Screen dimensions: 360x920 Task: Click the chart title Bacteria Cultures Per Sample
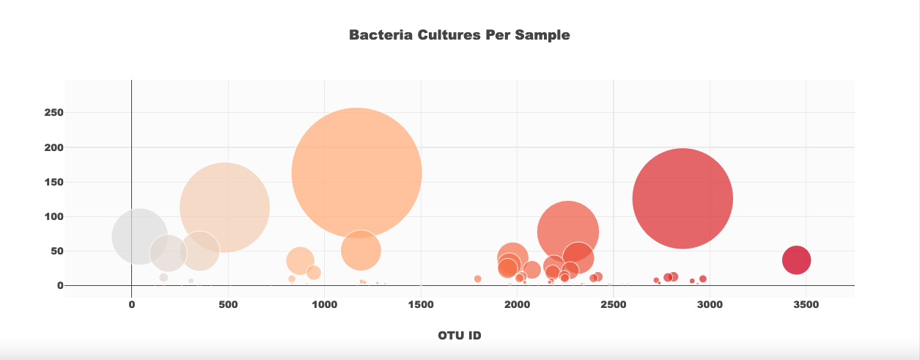coord(459,35)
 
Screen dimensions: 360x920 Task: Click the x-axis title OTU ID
coord(459,336)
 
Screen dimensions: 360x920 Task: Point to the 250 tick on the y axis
coord(54,113)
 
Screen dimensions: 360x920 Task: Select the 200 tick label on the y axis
coord(54,147)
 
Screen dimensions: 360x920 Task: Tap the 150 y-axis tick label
coord(54,182)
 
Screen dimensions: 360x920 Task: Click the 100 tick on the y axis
coord(54,216)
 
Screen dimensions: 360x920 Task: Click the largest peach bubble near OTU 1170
coord(356,172)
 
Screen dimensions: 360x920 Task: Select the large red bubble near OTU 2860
coord(682,198)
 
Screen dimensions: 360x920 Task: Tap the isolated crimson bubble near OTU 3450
coord(796,260)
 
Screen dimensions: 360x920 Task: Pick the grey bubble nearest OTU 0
coord(139,236)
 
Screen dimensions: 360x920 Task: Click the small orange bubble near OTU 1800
coord(478,279)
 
